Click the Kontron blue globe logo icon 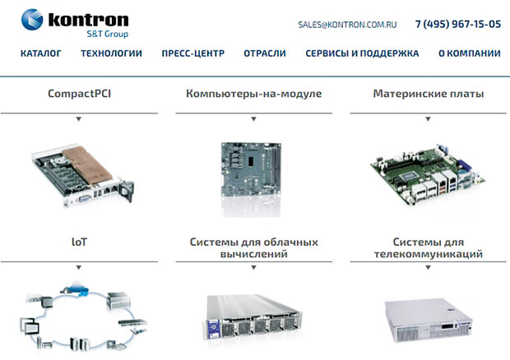click(x=32, y=20)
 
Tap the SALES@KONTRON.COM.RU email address click(x=347, y=25)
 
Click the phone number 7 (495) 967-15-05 click(x=458, y=24)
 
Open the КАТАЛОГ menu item click(x=40, y=53)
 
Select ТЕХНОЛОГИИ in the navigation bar click(x=111, y=53)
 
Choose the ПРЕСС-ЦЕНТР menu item click(x=192, y=53)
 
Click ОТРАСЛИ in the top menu click(x=265, y=53)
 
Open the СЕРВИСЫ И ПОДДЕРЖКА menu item click(x=362, y=53)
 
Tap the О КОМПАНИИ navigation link click(x=470, y=53)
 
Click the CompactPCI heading click(x=79, y=94)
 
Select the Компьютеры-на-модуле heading click(x=253, y=94)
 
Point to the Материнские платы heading click(x=429, y=94)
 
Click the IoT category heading click(x=79, y=242)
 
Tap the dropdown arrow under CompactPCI click(x=79, y=119)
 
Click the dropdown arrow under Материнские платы click(x=429, y=119)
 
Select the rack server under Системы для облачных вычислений click(x=253, y=316)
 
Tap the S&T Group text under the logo click(x=107, y=34)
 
